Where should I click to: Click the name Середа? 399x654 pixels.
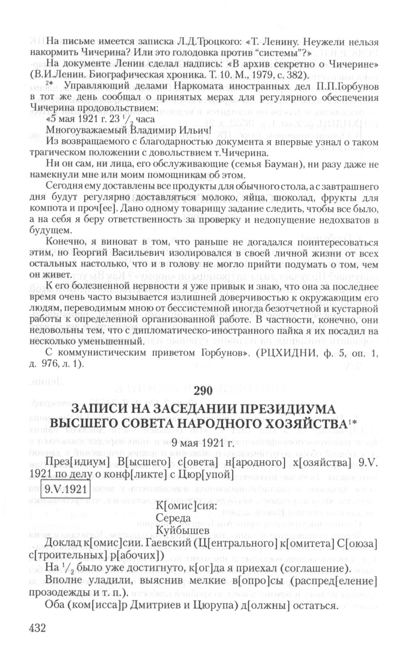173,517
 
